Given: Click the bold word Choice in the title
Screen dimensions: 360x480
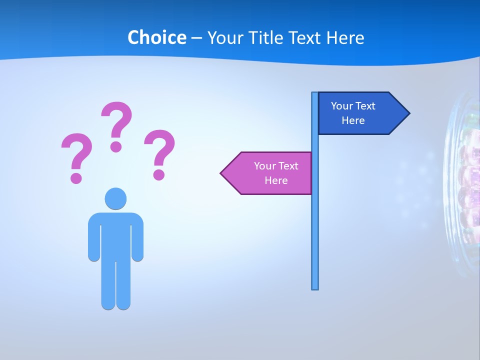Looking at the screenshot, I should click(x=156, y=37).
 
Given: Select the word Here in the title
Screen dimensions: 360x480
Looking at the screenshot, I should click(x=345, y=37).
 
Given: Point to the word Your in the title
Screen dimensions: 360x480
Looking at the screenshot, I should click(x=223, y=37).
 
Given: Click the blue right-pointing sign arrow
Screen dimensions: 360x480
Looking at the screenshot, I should click(x=360, y=113).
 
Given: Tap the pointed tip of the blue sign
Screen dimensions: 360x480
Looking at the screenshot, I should click(x=407, y=113).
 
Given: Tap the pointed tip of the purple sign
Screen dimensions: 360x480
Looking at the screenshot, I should click(x=223, y=173).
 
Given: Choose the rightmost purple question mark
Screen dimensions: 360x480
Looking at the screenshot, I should click(x=159, y=153).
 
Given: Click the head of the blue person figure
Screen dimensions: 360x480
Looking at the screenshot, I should click(x=115, y=198).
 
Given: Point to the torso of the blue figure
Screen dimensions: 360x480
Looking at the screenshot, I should click(x=115, y=235).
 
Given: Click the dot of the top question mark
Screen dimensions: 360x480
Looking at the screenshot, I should click(x=116, y=146).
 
